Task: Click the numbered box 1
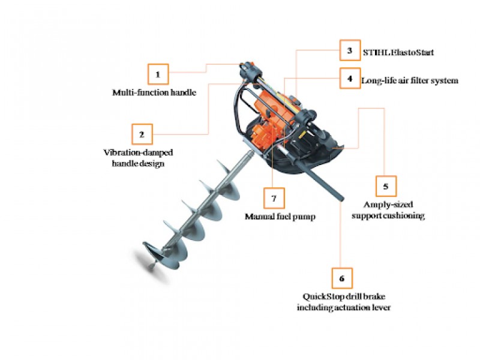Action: pyautogui.click(x=158, y=74)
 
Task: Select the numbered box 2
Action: pyautogui.click(x=142, y=133)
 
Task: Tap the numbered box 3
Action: pyautogui.click(x=349, y=51)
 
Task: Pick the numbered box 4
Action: pyautogui.click(x=349, y=79)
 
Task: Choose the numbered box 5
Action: pyautogui.click(x=386, y=186)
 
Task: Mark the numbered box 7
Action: pyautogui.click(x=274, y=198)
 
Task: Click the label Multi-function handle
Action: pyautogui.click(x=154, y=93)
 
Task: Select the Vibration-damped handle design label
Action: pyautogui.click(x=133, y=158)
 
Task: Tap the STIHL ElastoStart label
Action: pyautogui.click(x=398, y=52)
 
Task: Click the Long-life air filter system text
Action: pyautogui.click(x=409, y=80)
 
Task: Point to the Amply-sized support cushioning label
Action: pyautogui.click(x=387, y=210)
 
